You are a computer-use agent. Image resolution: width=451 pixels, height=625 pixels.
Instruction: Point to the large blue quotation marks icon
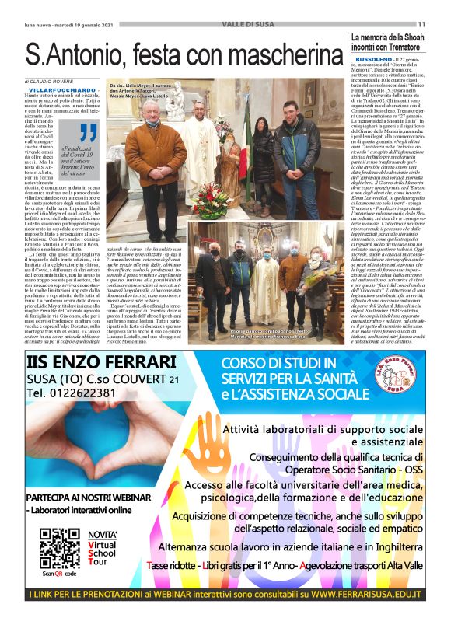(x=88, y=133)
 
